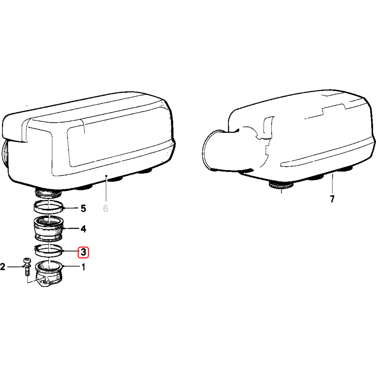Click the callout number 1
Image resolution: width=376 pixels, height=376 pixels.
pyautogui.click(x=83, y=267)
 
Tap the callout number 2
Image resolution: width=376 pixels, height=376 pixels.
pyautogui.click(x=3, y=267)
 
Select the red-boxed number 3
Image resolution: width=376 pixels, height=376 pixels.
pyautogui.click(x=83, y=252)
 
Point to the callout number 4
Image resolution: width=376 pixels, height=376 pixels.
pyautogui.click(x=83, y=229)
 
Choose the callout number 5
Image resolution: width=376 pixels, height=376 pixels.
pyautogui.click(x=83, y=209)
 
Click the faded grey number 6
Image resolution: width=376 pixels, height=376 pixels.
pyautogui.click(x=105, y=209)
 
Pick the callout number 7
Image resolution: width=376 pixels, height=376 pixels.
pyautogui.click(x=332, y=199)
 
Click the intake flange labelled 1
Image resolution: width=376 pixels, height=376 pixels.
pyautogui.click(x=49, y=273)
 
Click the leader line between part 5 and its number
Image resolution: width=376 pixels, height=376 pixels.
pyautogui.click(x=71, y=208)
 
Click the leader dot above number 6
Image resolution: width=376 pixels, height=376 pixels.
pyautogui.click(x=106, y=176)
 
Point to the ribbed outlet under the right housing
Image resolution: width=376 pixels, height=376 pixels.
pyautogui.click(x=281, y=186)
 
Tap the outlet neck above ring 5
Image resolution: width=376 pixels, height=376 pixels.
pyautogui.click(x=48, y=194)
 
